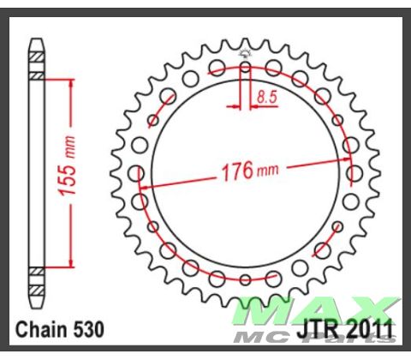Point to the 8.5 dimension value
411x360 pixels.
(x=267, y=98)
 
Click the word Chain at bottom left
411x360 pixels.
(x=41, y=328)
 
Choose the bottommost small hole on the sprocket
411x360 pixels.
(x=245, y=279)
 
